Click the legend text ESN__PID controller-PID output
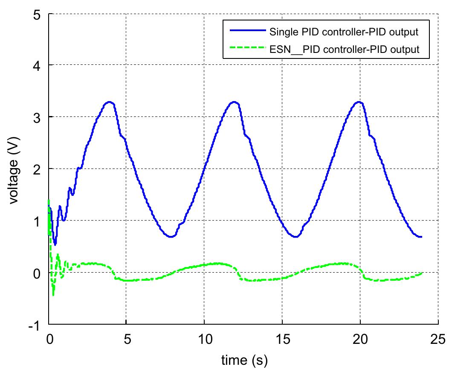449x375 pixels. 344,49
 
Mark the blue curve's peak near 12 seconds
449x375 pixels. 234,102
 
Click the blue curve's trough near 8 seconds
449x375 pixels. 171,236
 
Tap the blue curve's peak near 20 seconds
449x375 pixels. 359,102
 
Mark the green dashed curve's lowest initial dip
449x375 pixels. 53,295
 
